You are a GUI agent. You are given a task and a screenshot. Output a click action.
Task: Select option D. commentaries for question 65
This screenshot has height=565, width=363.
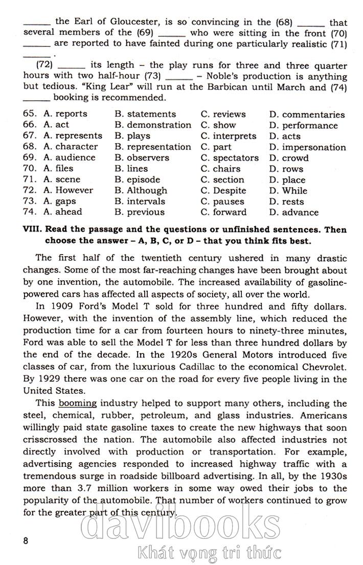click(307, 115)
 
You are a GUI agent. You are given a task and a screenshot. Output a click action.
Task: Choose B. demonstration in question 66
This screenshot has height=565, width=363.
click(153, 125)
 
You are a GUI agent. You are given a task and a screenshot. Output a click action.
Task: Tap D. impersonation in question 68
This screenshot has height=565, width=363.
click(307, 147)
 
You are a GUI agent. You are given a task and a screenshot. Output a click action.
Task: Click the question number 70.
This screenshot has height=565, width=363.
click(30, 169)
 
